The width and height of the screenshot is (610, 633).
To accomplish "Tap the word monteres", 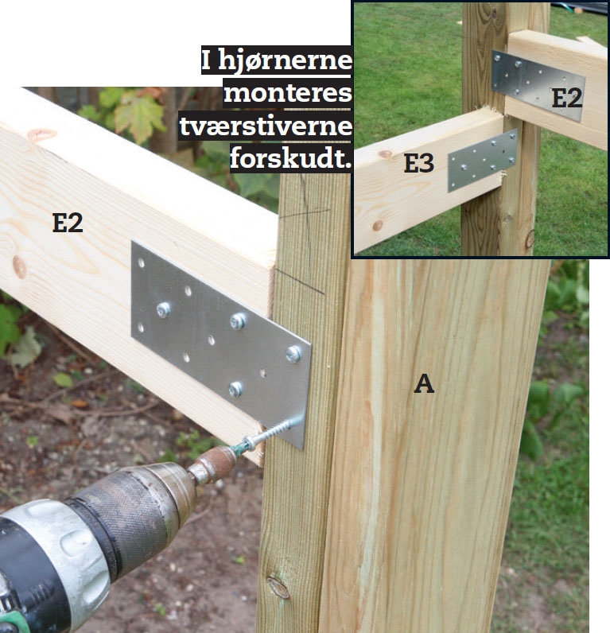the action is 288,93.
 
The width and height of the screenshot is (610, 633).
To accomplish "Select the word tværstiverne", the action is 266,126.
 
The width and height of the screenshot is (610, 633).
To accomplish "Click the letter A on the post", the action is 424,383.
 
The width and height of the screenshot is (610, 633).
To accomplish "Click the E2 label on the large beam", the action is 68,223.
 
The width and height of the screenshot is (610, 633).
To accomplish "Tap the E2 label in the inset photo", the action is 567,98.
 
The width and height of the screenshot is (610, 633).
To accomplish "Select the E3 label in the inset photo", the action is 419,164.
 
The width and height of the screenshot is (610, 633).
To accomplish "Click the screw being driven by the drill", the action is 266,435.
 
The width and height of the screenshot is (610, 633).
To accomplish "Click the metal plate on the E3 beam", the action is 483,161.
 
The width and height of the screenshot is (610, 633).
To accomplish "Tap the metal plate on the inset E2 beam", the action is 538,85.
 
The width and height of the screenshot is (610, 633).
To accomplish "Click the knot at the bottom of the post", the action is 278,588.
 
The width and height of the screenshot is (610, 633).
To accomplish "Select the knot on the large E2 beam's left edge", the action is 19,267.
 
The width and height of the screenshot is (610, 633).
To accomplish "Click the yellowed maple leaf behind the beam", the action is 139,117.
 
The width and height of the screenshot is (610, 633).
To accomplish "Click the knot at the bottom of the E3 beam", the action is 378,225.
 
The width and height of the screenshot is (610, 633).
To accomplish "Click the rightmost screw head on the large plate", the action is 293,354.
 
